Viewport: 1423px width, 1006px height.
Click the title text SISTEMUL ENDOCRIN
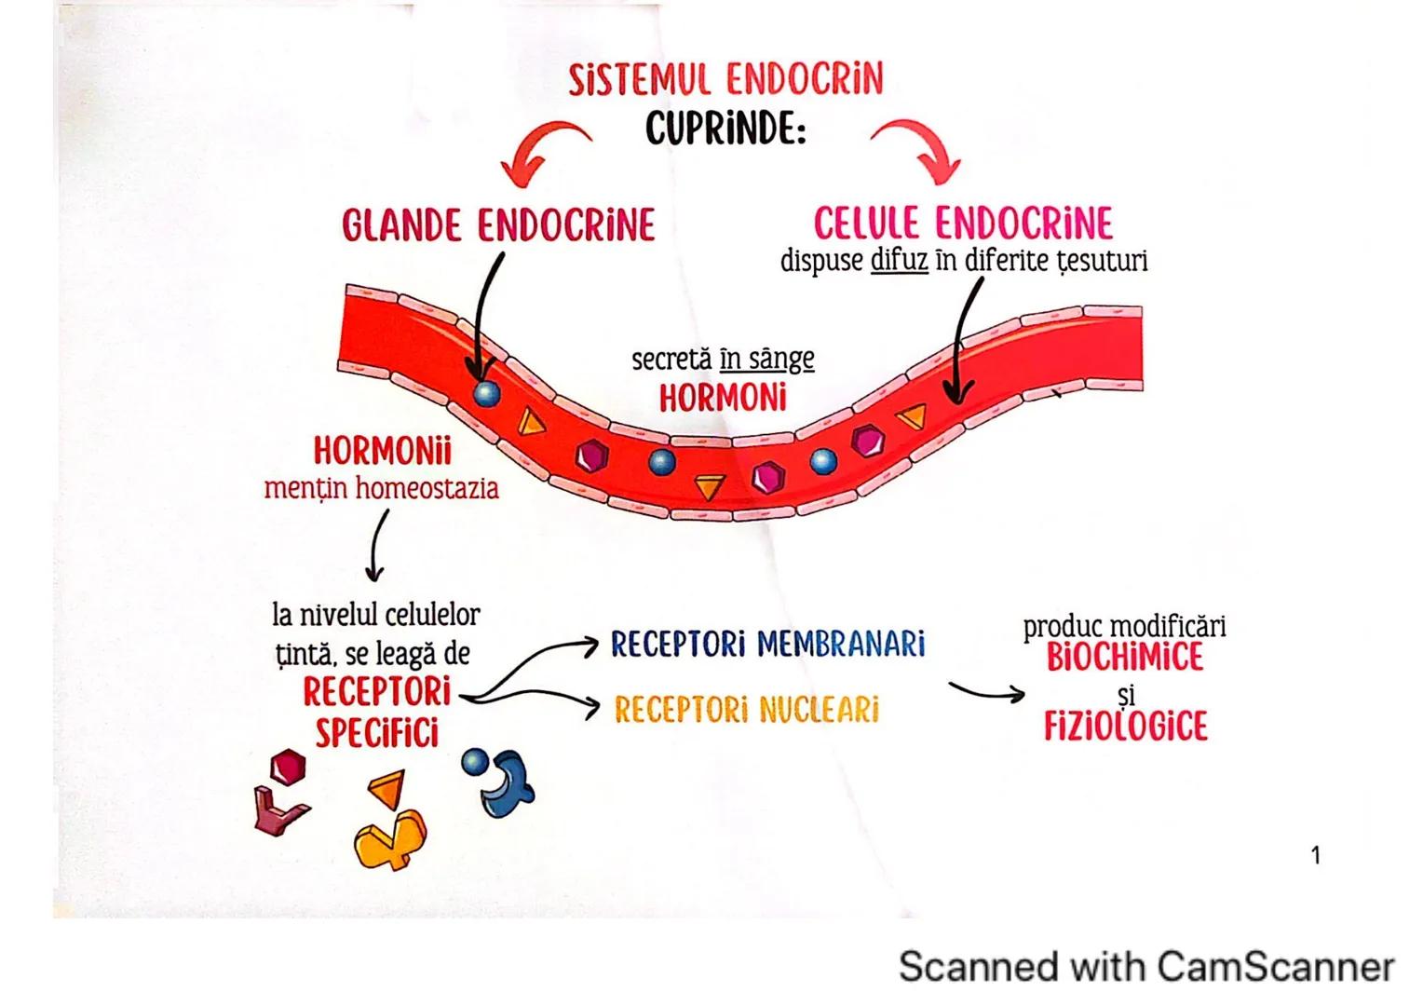pyautogui.click(x=725, y=80)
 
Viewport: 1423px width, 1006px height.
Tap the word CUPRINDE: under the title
pyautogui.click(x=725, y=129)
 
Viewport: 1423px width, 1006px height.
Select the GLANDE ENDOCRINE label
pyautogui.click(x=498, y=225)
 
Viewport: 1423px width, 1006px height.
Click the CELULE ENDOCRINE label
pyautogui.click(x=963, y=224)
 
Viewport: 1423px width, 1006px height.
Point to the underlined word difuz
pyautogui.click(x=899, y=261)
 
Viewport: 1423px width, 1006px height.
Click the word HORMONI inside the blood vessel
pyautogui.click(x=723, y=399)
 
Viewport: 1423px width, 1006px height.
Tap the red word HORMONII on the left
pyautogui.click(x=382, y=452)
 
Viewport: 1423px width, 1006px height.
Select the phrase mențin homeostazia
pyautogui.click(x=381, y=488)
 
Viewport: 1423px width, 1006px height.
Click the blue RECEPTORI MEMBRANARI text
pyautogui.click(x=767, y=644)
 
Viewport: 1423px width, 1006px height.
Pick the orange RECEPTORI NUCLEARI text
pyautogui.click(x=746, y=710)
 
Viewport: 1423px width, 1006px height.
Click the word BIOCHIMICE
pyautogui.click(x=1124, y=658)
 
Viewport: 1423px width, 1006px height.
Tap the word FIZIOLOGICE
pyautogui.click(x=1125, y=727)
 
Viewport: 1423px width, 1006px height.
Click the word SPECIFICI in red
pyautogui.click(x=376, y=733)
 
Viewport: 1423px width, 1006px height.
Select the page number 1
pyautogui.click(x=1315, y=855)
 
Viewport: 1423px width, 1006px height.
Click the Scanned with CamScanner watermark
pyautogui.click(x=1145, y=967)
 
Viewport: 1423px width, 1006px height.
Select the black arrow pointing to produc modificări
pyautogui.click(x=986, y=692)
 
